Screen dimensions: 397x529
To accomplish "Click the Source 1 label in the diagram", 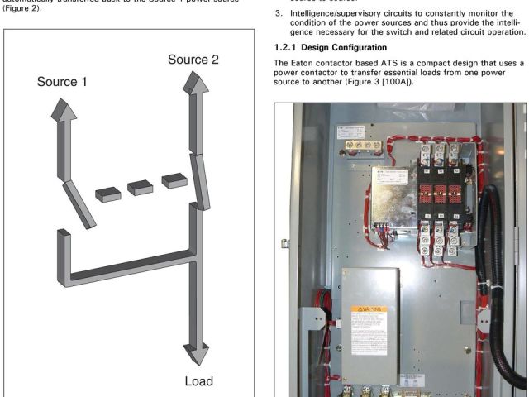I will tap(62, 83).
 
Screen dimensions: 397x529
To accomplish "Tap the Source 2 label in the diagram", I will tap(193, 60).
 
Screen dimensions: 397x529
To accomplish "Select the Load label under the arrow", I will tap(198, 381).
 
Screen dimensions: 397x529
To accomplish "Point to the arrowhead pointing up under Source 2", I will tap(197, 84).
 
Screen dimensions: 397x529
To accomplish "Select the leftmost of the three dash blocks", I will tap(108, 194).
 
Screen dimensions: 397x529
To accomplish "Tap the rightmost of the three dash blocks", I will tap(174, 179).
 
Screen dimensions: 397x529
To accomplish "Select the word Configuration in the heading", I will tap(379, 47).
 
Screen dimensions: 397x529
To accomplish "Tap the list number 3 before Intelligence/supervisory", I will tap(279, 13).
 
